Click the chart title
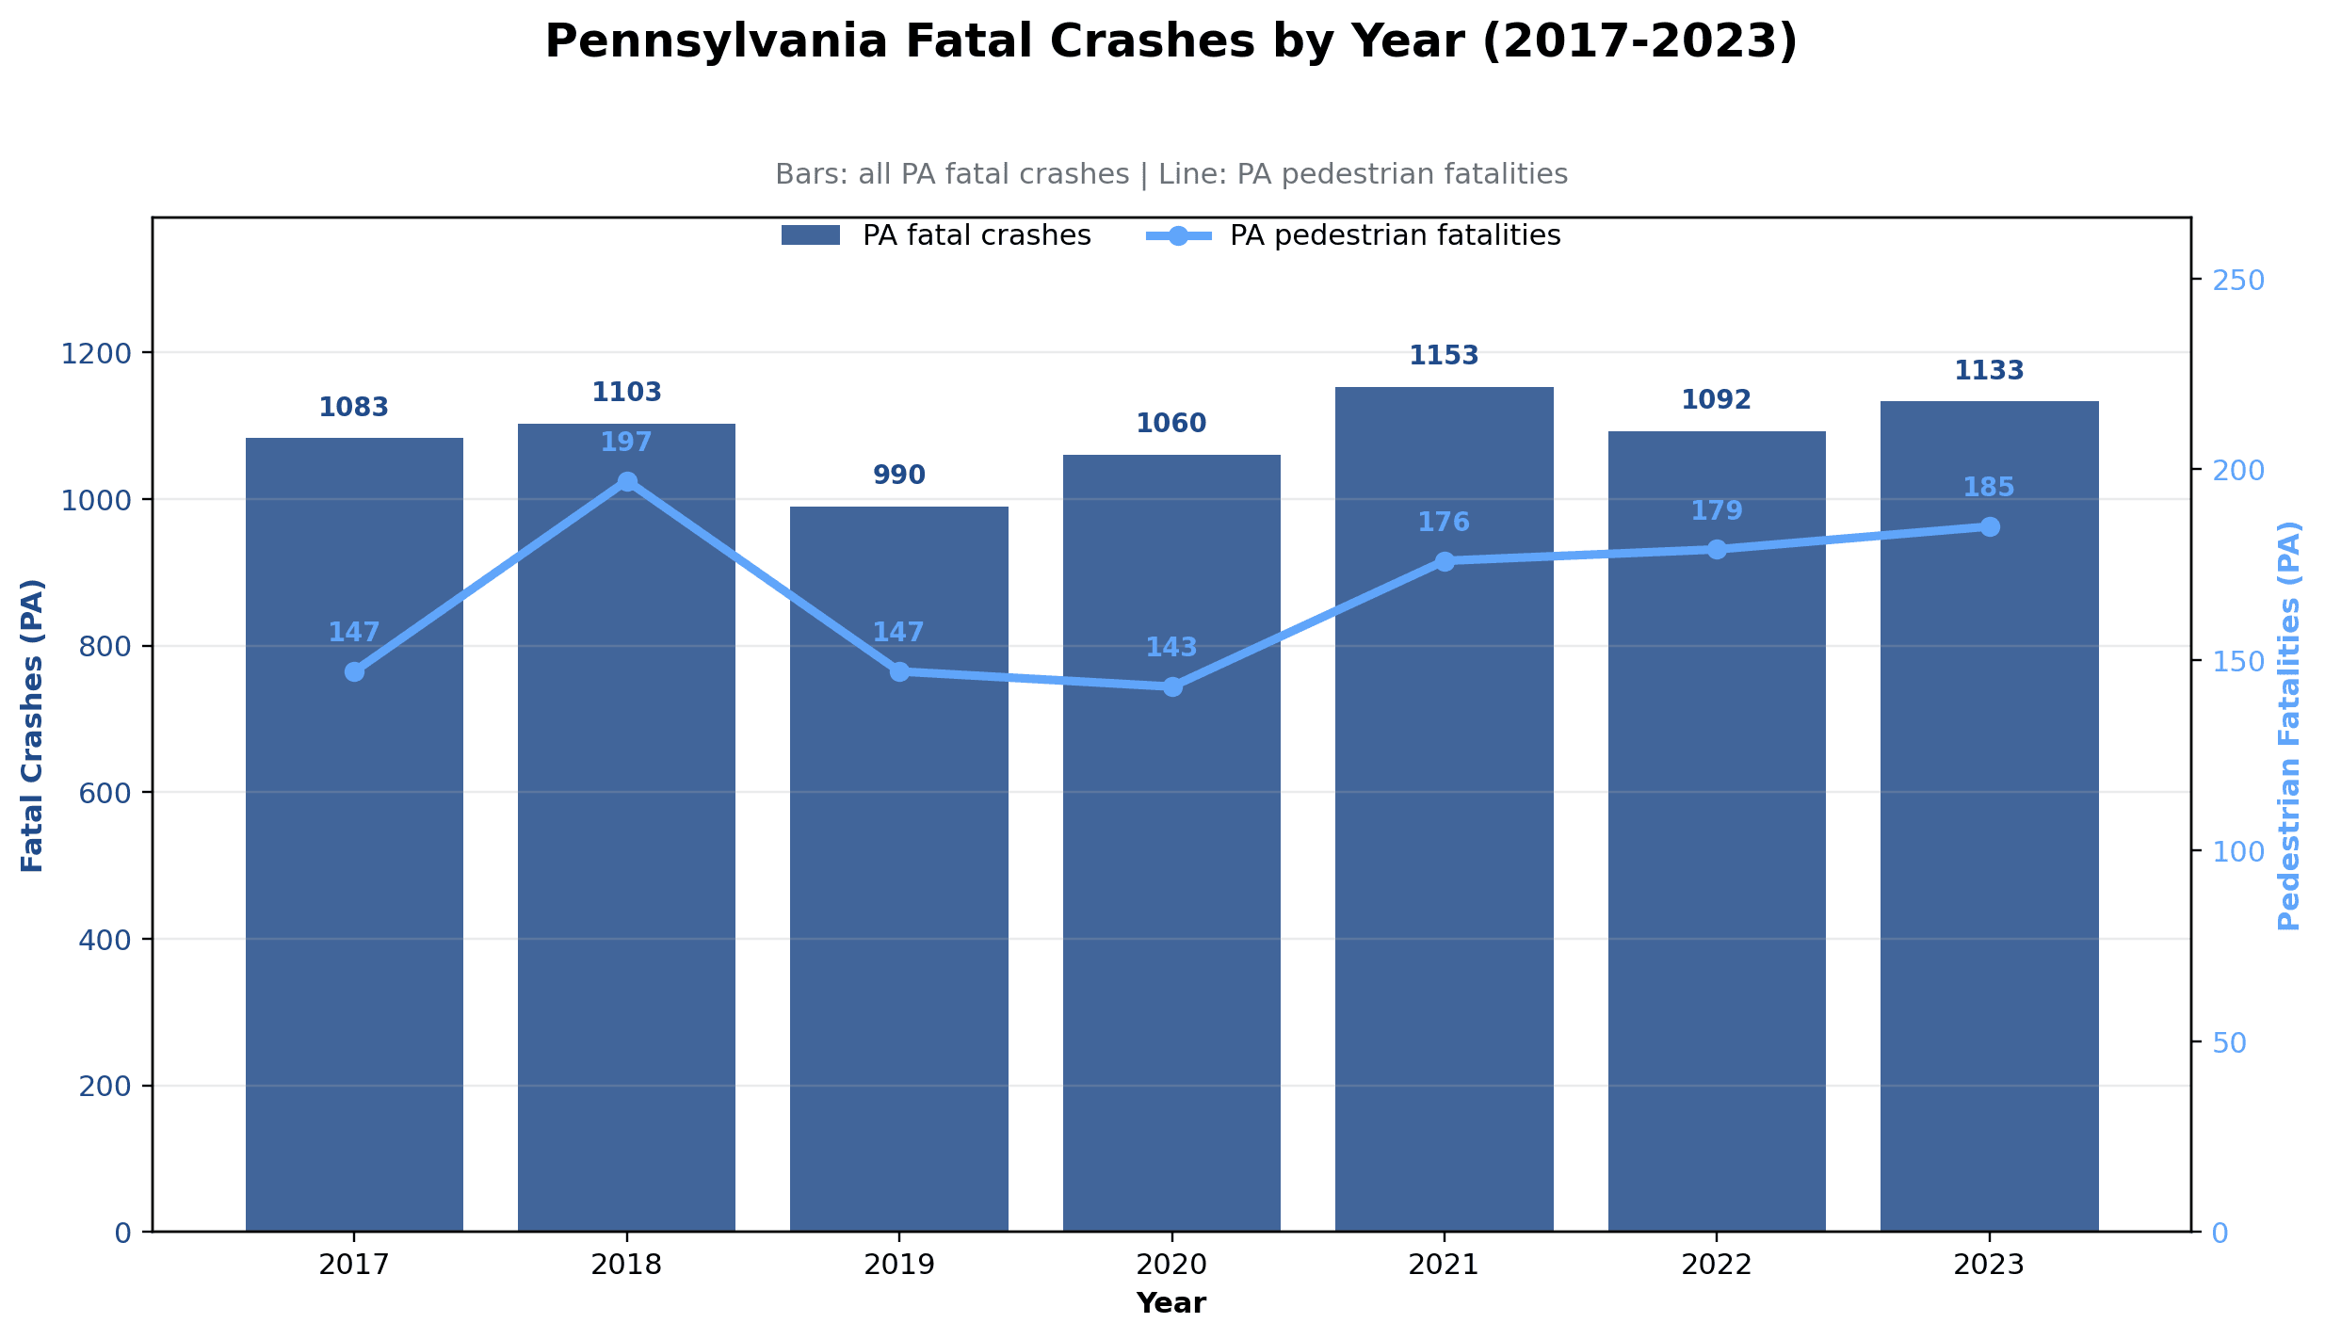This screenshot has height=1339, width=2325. [1171, 42]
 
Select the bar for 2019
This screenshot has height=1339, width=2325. [898, 866]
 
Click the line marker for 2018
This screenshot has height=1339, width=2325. [627, 481]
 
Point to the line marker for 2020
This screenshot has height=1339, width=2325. [1172, 686]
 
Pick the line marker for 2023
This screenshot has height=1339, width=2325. [1989, 526]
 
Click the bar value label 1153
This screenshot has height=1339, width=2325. [1444, 356]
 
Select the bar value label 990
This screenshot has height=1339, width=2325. [898, 476]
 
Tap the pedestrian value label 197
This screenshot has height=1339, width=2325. [626, 442]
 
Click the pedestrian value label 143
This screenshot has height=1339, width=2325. [1171, 648]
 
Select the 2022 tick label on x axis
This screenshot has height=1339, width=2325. [1716, 1265]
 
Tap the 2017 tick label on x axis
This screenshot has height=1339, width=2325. [353, 1265]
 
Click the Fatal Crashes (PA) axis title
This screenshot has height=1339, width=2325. [33, 725]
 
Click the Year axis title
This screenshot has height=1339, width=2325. [1171, 1303]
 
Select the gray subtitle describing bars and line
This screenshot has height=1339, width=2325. [1171, 174]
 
